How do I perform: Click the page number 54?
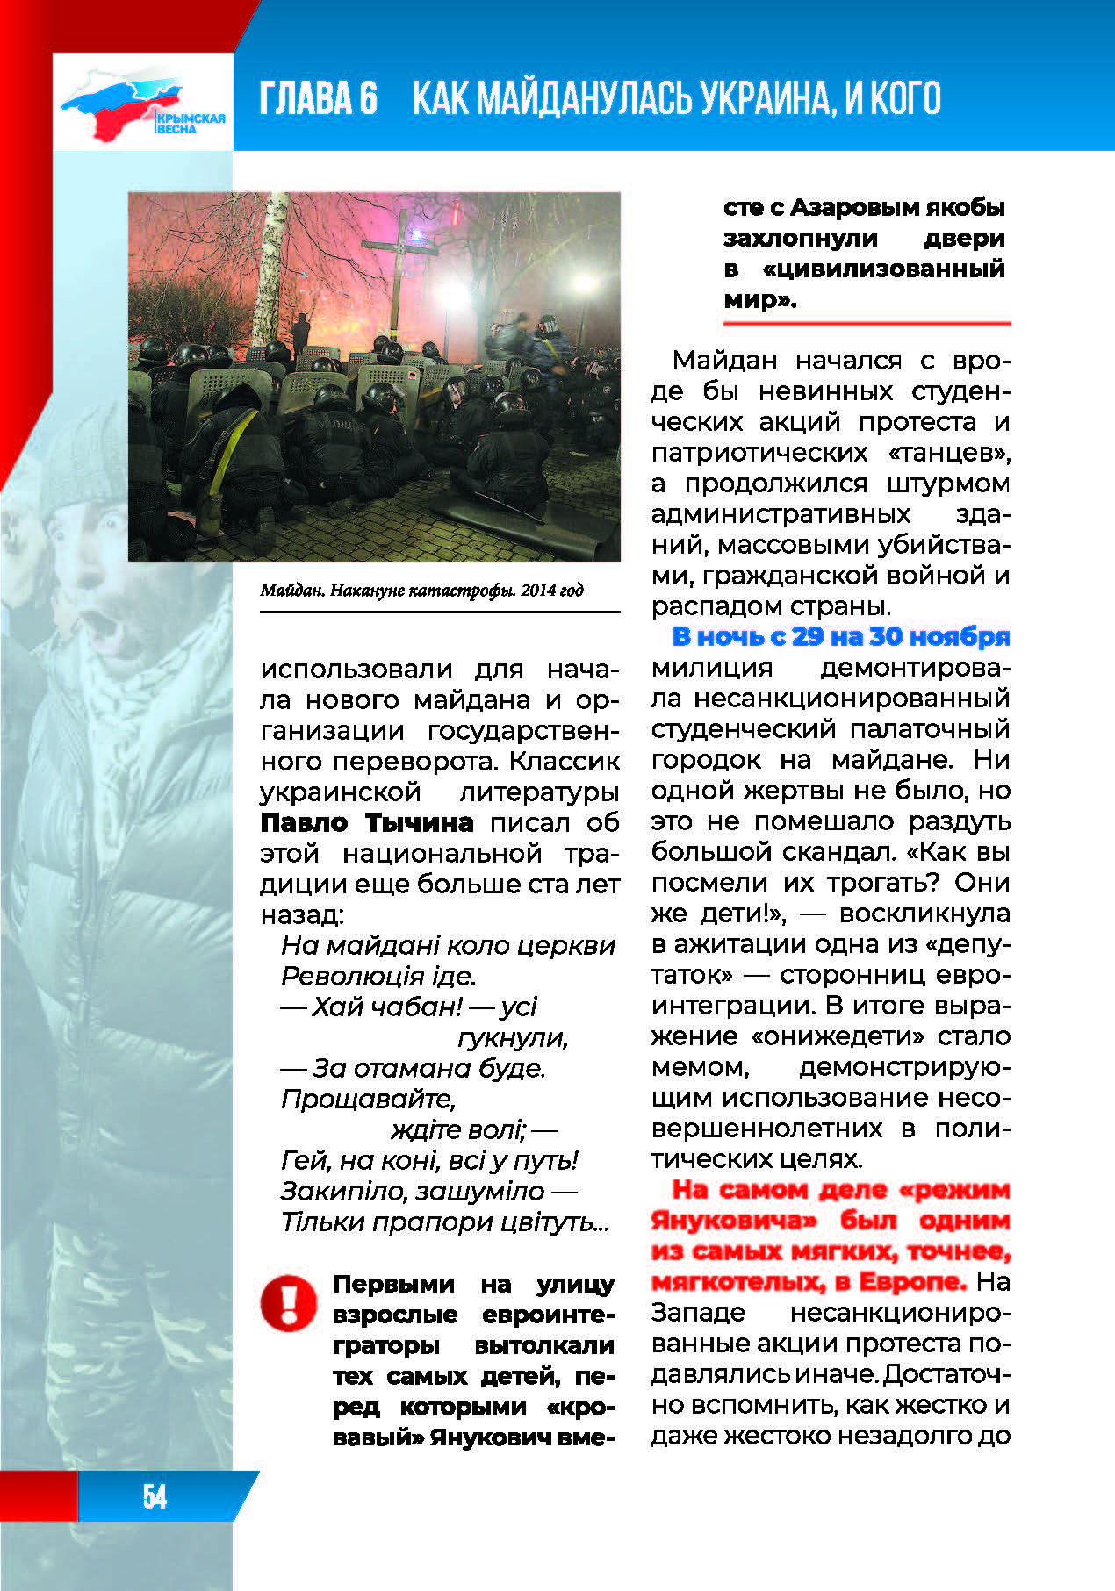click(x=155, y=1495)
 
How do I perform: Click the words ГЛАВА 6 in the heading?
click(x=318, y=98)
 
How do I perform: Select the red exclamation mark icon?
click(x=288, y=1302)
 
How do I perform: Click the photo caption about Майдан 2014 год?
click(x=421, y=591)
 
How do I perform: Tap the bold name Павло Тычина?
click(x=367, y=823)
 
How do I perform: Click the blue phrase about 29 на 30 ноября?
click(x=841, y=636)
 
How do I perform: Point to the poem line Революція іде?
click(x=378, y=976)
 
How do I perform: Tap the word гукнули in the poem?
click(x=513, y=1037)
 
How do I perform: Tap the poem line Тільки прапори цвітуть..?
click(x=444, y=1222)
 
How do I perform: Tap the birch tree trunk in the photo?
click(x=264, y=272)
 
